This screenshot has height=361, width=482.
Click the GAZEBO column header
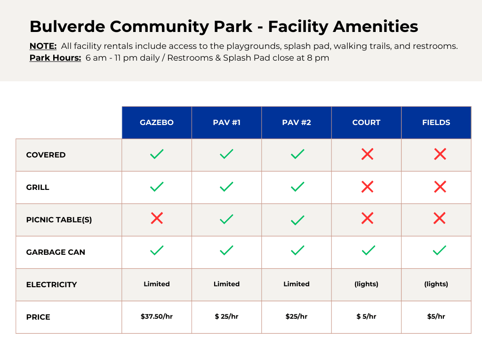click(157, 123)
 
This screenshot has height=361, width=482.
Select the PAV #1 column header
click(226, 123)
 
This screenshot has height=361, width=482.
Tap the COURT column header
click(366, 123)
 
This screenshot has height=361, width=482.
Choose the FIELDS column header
click(436, 123)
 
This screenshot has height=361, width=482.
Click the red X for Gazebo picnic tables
click(157, 218)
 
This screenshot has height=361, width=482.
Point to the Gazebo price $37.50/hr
click(157, 316)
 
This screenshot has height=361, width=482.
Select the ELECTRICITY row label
click(51, 284)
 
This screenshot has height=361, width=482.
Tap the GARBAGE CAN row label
click(56, 252)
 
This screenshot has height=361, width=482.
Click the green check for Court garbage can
click(368, 251)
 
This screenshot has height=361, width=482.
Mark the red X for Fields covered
click(440, 154)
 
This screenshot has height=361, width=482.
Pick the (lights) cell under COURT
click(366, 284)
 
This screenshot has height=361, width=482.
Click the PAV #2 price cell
click(297, 316)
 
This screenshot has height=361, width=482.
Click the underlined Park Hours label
click(55, 58)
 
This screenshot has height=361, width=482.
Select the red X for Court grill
click(367, 187)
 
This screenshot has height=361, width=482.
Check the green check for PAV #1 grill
click(226, 187)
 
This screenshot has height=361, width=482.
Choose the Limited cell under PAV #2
click(297, 284)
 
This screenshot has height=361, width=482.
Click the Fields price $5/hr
click(436, 316)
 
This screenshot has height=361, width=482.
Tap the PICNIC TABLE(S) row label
click(59, 220)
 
